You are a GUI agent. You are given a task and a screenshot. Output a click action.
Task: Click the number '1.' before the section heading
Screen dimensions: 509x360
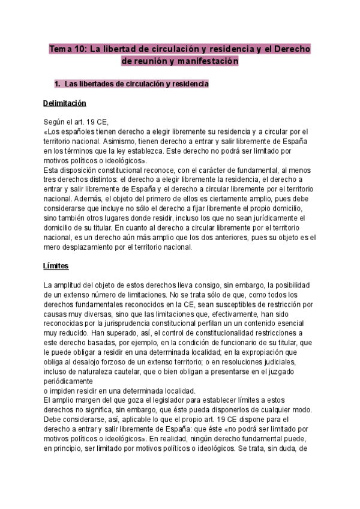pyautogui.click(x=58, y=84)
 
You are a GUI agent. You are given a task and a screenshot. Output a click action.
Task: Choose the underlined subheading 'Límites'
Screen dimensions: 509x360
pyautogui.click(x=57, y=265)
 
